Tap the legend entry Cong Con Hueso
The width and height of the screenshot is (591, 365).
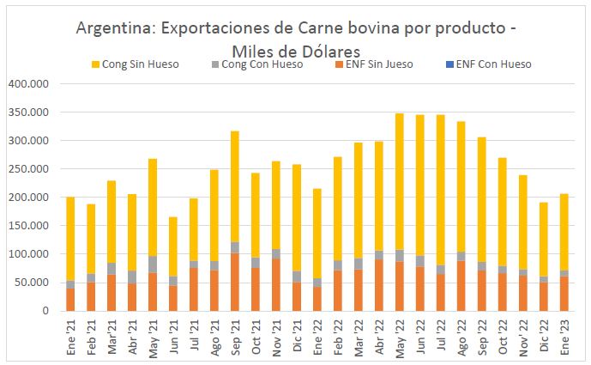pyautogui.click(x=261, y=64)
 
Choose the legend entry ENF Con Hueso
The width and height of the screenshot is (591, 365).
pyautogui.click(x=493, y=64)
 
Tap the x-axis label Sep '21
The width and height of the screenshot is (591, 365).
pyautogui.click(x=234, y=335)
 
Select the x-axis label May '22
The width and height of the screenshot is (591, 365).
pyautogui.click(x=399, y=335)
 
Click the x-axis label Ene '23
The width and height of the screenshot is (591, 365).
pyautogui.click(x=564, y=335)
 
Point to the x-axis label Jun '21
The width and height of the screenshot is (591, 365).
pyautogui.click(x=172, y=335)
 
